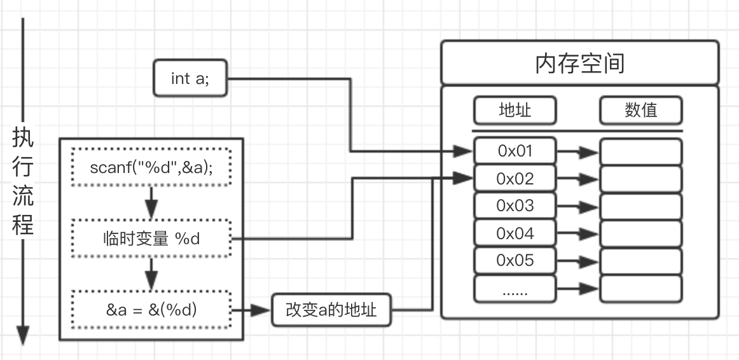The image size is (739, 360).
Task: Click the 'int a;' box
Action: pos(190,78)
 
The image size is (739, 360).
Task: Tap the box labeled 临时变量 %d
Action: pos(151,239)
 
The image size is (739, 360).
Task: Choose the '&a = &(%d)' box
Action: pos(151,310)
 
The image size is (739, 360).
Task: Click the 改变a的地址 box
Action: pos(331,310)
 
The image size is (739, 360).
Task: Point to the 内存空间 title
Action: pos(579,63)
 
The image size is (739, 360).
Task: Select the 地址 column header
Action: pos(515,111)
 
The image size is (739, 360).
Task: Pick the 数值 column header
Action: pos(640,111)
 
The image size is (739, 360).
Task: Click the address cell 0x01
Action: pos(515,151)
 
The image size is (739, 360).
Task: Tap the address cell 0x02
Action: pos(515,179)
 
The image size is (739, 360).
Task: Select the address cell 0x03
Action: pos(515,206)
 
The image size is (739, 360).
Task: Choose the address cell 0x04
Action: pos(515,233)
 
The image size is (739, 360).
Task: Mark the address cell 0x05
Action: pos(515,261)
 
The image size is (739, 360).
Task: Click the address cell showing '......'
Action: pos(515,289)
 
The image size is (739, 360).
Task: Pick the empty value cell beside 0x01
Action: pos(640,151)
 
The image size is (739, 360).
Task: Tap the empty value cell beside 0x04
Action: pos(640,233)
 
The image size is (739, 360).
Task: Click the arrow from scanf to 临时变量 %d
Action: pos(151,202)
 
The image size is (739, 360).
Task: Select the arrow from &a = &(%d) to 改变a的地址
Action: pos(251,310)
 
